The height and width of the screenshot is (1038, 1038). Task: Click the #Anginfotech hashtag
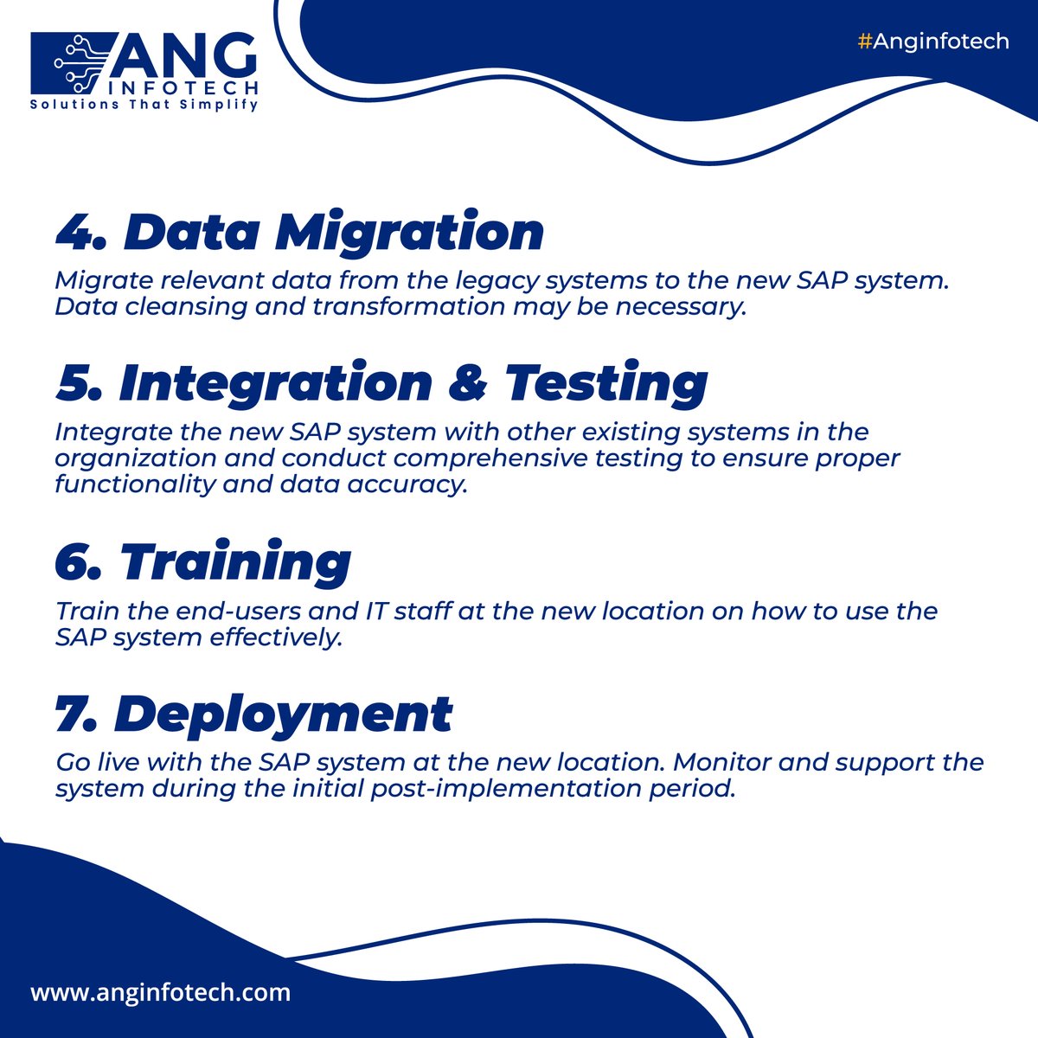coord(933,42)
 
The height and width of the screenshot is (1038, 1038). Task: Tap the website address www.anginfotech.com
coord(161,992)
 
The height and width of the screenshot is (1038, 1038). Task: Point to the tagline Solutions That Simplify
coord(144,105)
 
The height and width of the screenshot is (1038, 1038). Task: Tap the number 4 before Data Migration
coord(76,232)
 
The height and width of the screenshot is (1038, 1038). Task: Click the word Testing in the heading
coord(606,383)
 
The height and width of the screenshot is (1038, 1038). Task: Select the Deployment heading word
coord(283,714)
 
